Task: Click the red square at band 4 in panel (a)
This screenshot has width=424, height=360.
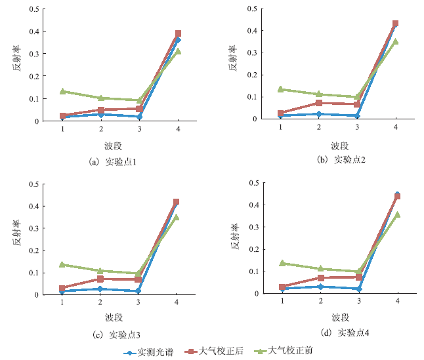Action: click(x=178, y=33)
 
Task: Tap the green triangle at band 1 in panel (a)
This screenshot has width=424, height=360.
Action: click(x=63, y=92)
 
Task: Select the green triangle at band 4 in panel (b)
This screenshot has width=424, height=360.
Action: click(x=396, y=41)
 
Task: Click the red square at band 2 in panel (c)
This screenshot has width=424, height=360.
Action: click(x=100, y=279)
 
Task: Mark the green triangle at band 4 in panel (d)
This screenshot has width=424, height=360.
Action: click(x=398, y=214)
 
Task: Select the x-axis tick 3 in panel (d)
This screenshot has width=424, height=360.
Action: click(x=358, y=300)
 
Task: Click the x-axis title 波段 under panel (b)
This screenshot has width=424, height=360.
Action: click(x=339, y=145)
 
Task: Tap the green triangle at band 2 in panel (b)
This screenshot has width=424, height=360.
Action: click(x=319, y=94)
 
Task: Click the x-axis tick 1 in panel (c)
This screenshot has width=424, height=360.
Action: click(x=62, y=302)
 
